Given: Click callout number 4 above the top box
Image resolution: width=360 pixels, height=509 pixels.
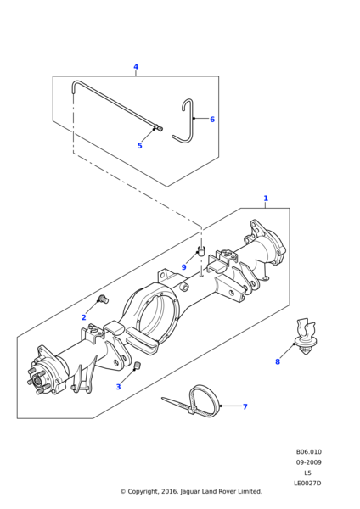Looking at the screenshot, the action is [x=136, y=67].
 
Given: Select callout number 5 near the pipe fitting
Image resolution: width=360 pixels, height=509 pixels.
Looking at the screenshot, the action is [x=140, y=146].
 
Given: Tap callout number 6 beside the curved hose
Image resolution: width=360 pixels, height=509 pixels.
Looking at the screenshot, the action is [x=212, y=120].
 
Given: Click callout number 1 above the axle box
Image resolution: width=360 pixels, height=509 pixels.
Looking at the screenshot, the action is [x=266, y=198].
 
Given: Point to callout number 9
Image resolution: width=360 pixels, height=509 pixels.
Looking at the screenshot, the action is [x=184, y=267].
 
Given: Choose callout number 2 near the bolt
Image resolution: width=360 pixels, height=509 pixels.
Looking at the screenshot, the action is [x=83, y=317].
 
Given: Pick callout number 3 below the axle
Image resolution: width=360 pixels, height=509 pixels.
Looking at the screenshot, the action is [x=118, y=387].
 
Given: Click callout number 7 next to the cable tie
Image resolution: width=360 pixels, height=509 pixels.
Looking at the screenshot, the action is [x=245, y=406].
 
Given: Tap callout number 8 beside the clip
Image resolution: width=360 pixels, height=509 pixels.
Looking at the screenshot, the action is [x=278, y=361].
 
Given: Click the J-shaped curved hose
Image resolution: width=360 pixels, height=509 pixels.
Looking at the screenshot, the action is [x=192, y=123].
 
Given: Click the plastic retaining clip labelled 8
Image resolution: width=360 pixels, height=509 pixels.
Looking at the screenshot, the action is [x=306, y=337].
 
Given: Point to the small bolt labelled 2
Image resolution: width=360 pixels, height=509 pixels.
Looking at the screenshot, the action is [x=104, y=299].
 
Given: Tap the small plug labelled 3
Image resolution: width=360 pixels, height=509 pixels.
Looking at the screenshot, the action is [x=137, y=366].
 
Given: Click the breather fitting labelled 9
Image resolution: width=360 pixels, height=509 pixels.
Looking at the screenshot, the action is [x=201, y=251].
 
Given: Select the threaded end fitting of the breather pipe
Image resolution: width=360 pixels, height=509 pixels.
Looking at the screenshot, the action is [x=159, y=128].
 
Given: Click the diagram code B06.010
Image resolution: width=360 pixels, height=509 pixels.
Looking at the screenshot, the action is [x=309, y=452].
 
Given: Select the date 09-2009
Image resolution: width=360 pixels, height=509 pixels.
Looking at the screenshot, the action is [x=309, y=462].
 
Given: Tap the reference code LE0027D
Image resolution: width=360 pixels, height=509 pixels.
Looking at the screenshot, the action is [x=307, y=483].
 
